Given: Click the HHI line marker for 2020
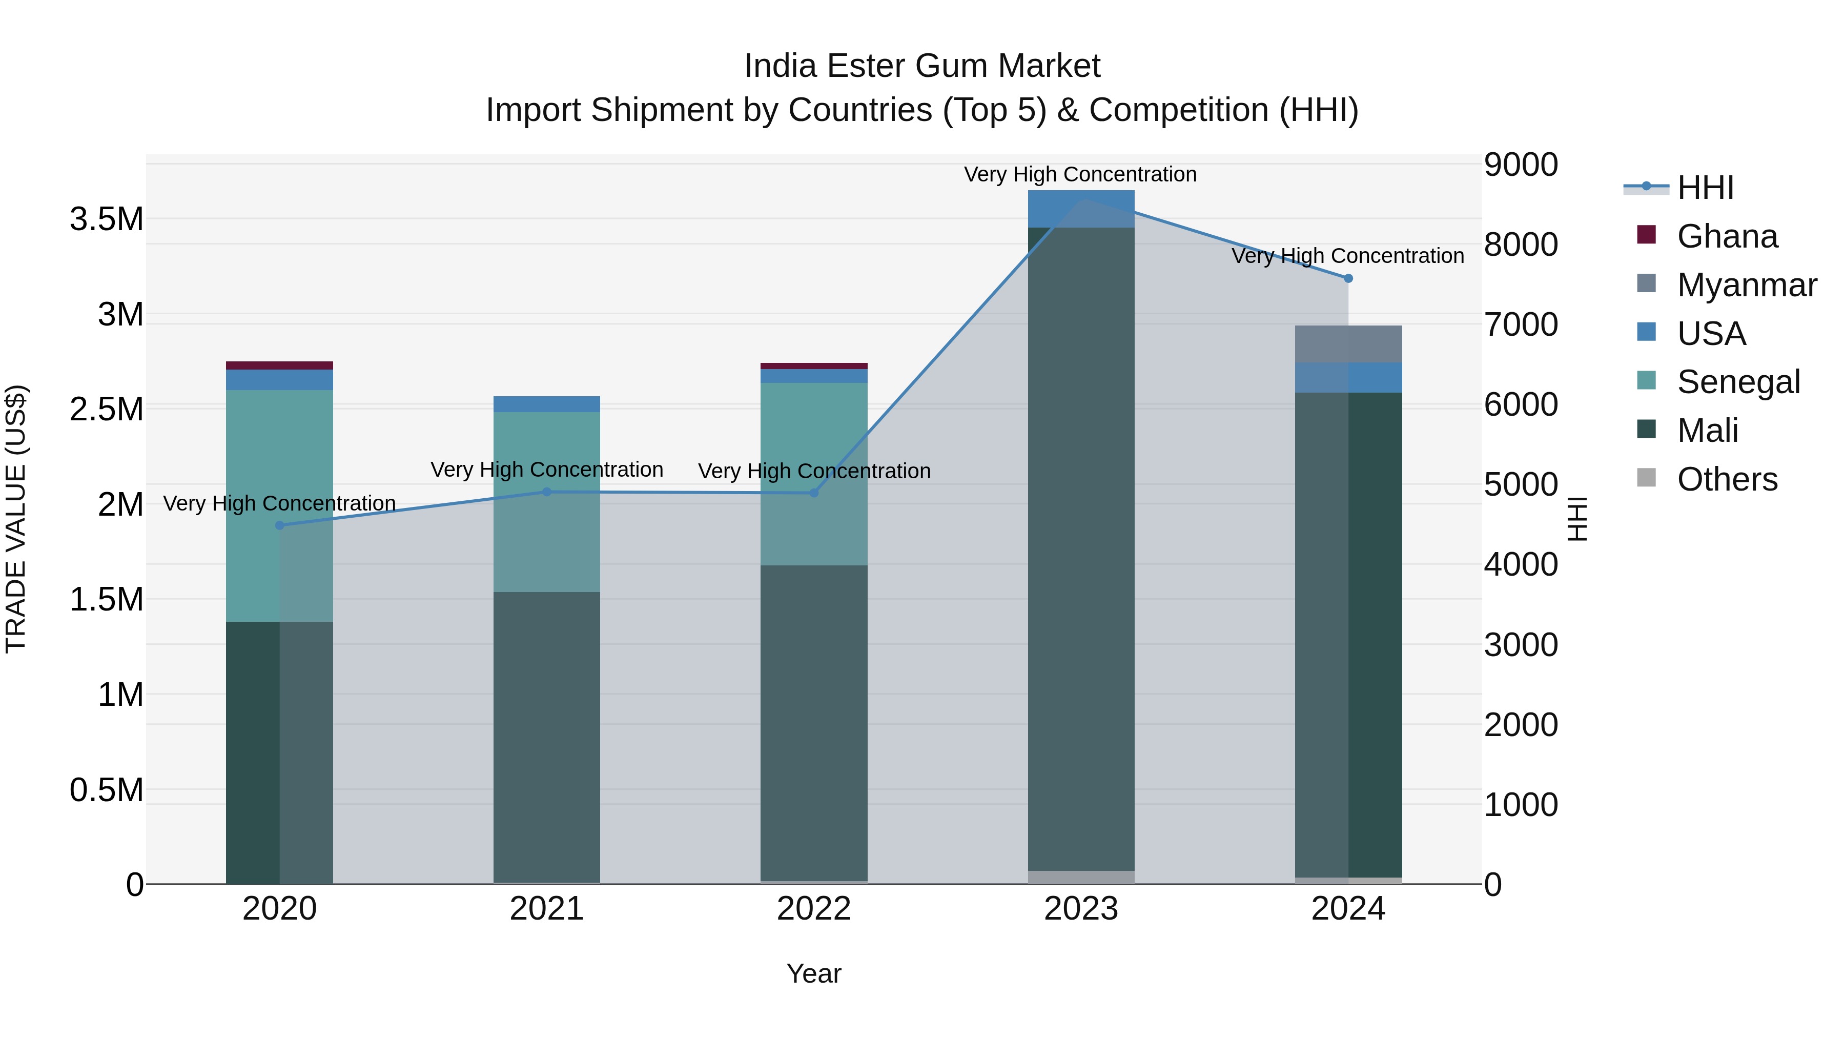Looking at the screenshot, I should tap(279, 525).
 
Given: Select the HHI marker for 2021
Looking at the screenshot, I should tap(546, 492).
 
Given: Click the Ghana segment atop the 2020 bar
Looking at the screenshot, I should tap(279, 365).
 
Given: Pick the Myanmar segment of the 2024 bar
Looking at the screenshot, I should tap(1348, 344).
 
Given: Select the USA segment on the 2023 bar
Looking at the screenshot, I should tap(1081, 209).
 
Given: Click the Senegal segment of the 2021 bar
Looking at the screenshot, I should tap(546, 501).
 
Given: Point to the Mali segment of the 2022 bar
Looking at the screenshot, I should tap(814, 723).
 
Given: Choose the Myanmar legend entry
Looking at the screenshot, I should tap(1746, 285).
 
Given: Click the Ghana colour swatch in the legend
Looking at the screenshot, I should tap(1646, 235).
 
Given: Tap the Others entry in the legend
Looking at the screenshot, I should tap(1726, 479).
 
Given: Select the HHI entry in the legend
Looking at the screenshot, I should tap(1705, 188).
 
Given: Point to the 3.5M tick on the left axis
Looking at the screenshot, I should tap(107, 219).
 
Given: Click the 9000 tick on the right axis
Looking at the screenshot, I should tap(1520, 165).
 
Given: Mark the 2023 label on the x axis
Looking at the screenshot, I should tap(1081, 909).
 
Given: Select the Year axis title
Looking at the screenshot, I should tap(814, 973).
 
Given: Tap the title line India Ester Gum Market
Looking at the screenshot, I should tap(922, 66).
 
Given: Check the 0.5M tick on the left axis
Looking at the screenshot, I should tap(107, 790).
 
